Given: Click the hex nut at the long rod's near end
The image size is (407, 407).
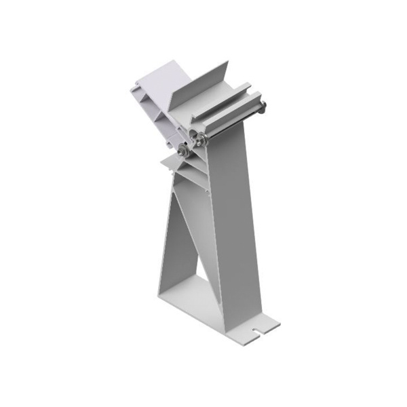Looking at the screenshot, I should coord(201,140).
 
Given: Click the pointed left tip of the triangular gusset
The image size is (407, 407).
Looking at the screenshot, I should coord(163,161).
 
